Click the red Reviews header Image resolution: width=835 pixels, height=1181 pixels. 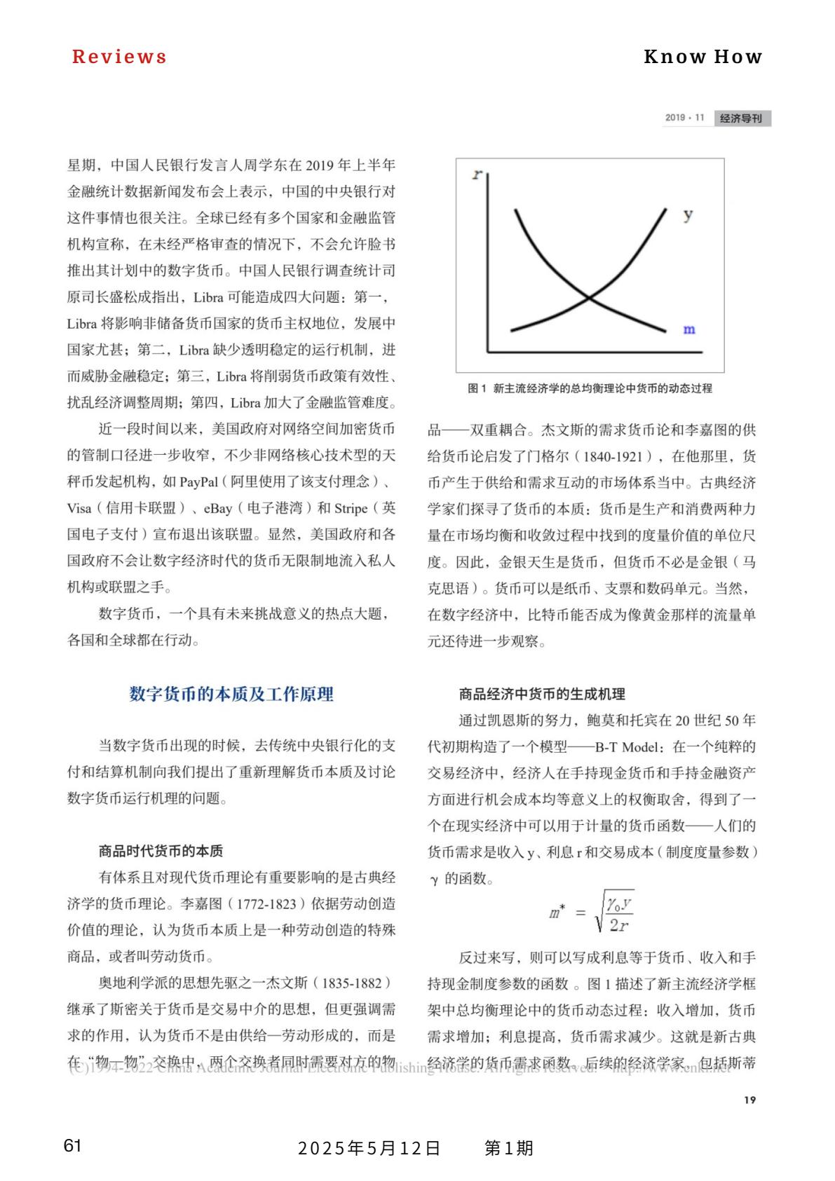click(x=119, y=57)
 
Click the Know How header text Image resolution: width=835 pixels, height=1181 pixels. click(x=702, y=57)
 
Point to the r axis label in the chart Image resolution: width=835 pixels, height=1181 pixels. click(x=477, y=174)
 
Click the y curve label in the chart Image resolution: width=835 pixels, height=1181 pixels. click(x=688, y=214)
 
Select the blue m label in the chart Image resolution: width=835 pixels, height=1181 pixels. click(x=688, y=329)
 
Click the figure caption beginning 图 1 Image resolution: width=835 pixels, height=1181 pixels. click(x=590, y=388)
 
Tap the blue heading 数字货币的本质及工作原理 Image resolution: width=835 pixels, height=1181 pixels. click(x=231, y=694)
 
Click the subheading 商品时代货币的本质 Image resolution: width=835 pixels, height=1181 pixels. click(x=161, y=851)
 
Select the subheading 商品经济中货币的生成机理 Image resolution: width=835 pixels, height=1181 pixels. click(x=541, y=694)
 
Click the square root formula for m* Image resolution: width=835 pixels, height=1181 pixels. click(x=592, y=912)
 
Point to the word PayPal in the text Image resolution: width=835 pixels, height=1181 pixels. click(x=198, y=482)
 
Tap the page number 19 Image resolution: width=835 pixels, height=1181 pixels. click(x=749, y=1100)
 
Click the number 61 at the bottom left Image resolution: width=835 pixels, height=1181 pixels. click(x=72, y=1146)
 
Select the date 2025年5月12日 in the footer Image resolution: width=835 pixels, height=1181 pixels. click(x=369, y=1148)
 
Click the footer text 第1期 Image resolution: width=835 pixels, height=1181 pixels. click(x=509, y=1148)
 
